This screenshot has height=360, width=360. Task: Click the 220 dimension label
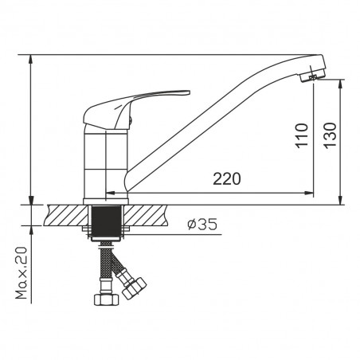tap(227, 178)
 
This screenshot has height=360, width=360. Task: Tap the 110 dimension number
tap(302, 135)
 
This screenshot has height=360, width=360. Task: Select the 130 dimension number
tap(330, 135)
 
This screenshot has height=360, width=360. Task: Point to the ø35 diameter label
tap(202, 225)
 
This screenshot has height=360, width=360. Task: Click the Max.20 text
tap(22, 273)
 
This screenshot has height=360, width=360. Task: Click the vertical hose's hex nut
tap(107, 299)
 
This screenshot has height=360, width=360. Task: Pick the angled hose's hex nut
tap(135, 288)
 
